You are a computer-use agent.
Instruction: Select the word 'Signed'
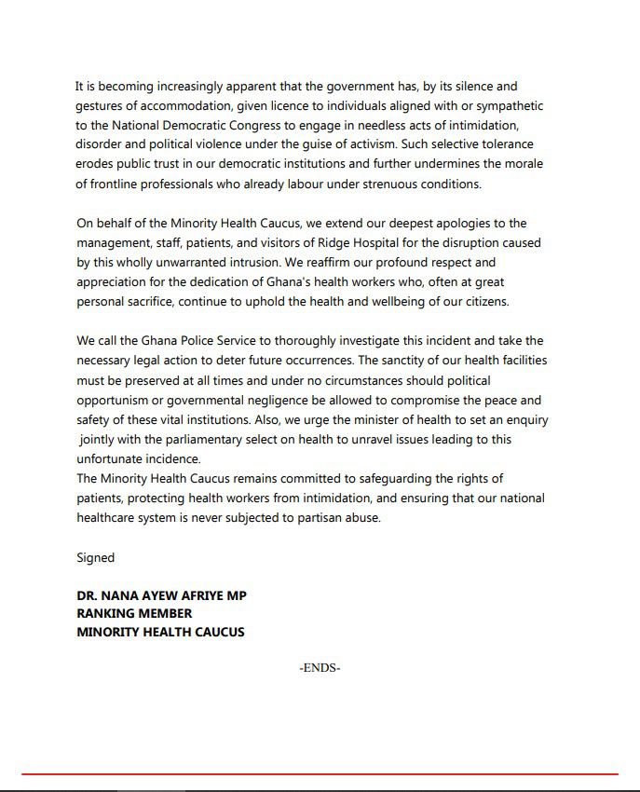coord(95,557)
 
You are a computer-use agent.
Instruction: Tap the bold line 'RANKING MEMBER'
coord(134,613)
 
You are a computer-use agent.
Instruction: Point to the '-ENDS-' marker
coord(320,668)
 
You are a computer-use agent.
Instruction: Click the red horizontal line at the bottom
coord(320,773)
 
